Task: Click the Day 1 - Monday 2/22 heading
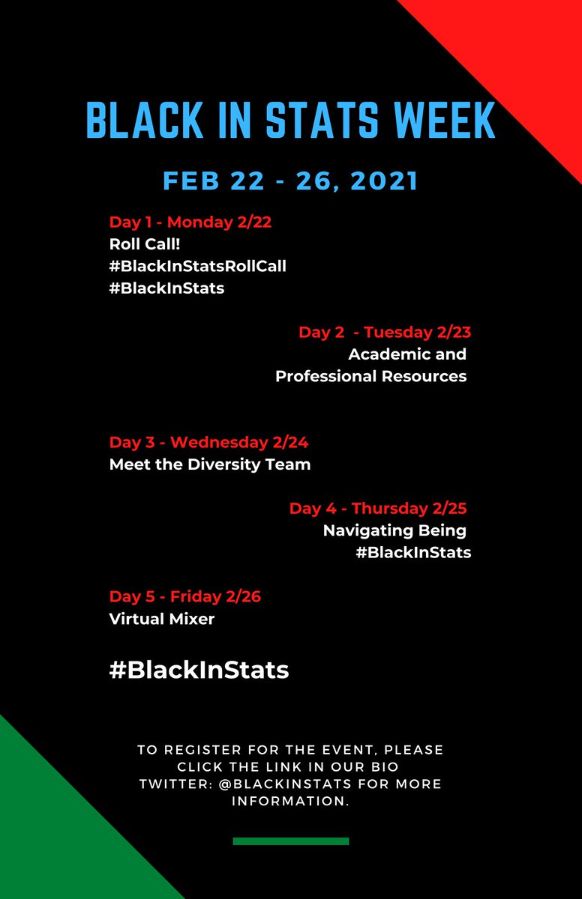(185, 223)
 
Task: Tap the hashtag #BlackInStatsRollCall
(198, 266)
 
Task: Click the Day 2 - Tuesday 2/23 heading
(385, 332)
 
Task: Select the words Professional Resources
(371, 376)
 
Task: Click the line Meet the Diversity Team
(210, 464)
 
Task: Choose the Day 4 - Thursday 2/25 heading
(378, 509)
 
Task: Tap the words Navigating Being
(394, 530)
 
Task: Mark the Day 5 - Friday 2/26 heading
(185, 597)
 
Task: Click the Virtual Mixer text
(162, 619)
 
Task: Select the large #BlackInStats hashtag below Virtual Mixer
(199, 670)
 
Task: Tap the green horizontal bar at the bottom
(291, 841)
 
